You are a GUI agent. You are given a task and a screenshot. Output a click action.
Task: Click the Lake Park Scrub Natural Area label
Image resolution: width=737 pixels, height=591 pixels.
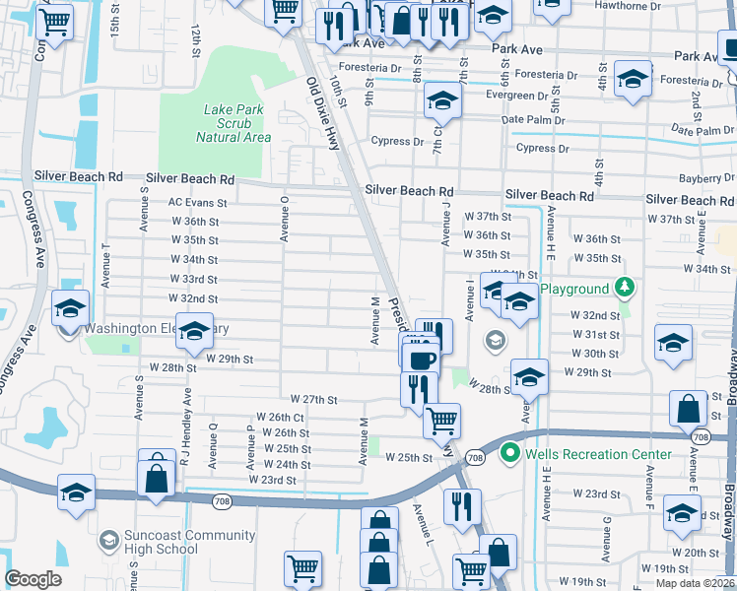click(233, 123)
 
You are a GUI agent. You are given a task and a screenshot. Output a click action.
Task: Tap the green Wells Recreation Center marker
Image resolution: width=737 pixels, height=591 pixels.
click(509, 454)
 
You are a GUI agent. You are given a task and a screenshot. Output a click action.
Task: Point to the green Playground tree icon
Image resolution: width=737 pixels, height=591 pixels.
click(623, 288)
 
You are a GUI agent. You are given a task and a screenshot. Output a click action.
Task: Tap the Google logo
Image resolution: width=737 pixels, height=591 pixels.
click(33, 579)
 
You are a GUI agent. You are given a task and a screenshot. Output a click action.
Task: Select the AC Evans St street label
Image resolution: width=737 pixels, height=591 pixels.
click(197, 203)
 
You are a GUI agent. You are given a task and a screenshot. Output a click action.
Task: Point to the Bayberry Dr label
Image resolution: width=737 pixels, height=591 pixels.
click(707, 179)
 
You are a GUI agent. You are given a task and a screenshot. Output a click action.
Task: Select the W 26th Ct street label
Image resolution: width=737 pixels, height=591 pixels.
click(279, 418)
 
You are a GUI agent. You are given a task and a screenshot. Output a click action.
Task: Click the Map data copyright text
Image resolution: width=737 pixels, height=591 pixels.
click(694, 583)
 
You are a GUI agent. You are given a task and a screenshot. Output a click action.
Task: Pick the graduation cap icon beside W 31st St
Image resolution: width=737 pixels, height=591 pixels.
click(674, 344)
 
